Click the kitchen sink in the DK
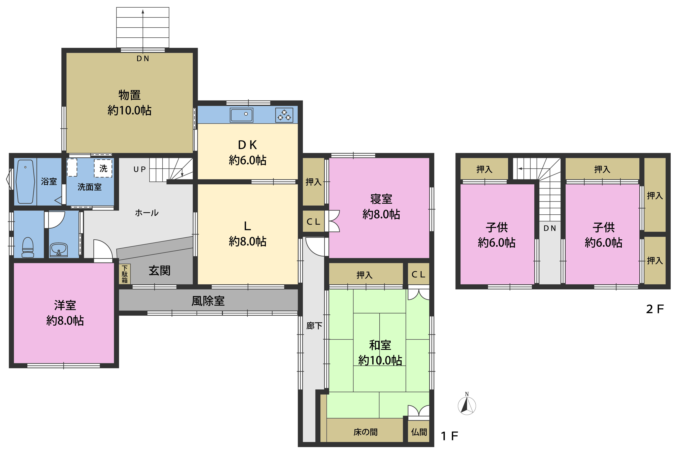(x=241, y=115)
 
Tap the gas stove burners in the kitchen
(x=284, y=115)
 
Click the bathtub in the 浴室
(x=25, y=182)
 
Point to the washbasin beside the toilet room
(x=59, y=250)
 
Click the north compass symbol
(x=467, y=404)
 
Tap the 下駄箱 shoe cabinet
(x=124, y=274)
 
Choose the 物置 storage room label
(x=129, y=95)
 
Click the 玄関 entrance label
(x=159, y=271)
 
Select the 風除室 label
(x=208, y=301)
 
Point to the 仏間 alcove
(x=419, y=432)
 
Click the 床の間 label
(x=365, y=432)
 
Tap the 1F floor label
(x=449, y=436)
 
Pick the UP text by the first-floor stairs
(x=140, y=170)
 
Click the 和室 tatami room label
(x=380, y=345)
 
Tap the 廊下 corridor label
(x=314, y=326)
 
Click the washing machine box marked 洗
(x=103, y=168)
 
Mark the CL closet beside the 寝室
(x=313, y=221)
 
